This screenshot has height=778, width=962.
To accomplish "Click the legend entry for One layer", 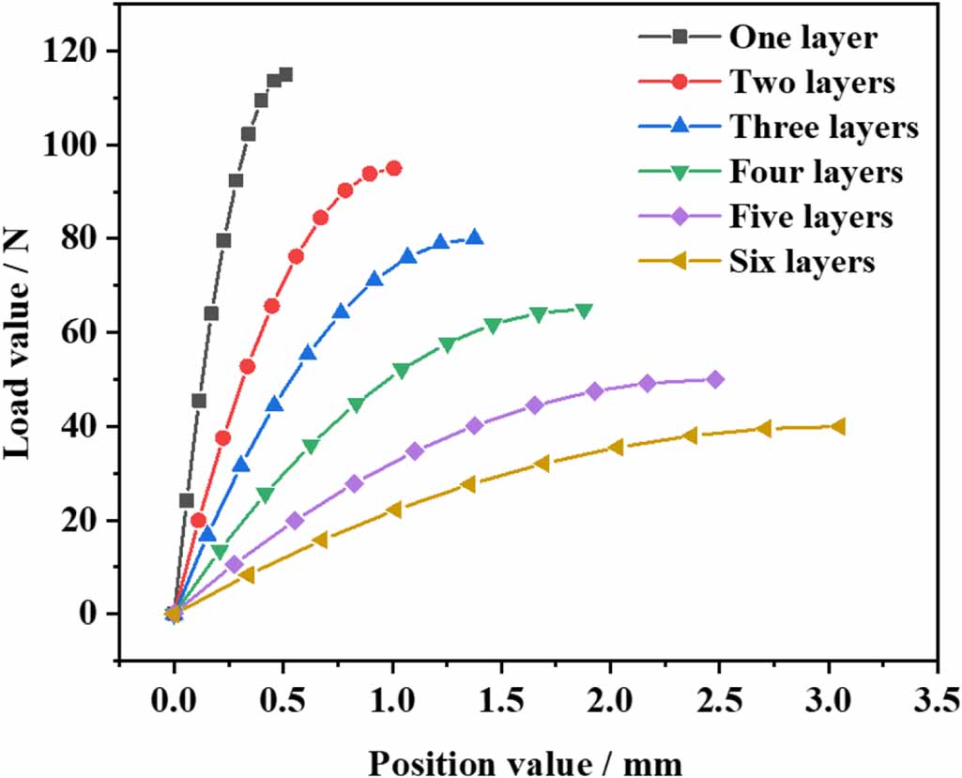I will coord(803,38).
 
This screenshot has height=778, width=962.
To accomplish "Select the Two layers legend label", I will coord(813,83).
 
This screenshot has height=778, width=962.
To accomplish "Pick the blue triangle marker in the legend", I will coord(682,127).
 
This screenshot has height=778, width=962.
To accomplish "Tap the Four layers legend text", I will coord(816,172).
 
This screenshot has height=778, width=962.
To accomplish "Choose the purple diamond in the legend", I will coord(682,217).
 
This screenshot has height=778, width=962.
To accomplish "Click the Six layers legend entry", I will coord(802,262).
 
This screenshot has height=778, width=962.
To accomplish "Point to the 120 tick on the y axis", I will coord(73,51).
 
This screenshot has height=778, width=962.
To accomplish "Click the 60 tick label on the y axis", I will coord(83,332).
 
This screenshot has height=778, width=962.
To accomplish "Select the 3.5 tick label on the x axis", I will coord(937,699).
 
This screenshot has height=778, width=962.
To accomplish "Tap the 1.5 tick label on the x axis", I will coord(500,699).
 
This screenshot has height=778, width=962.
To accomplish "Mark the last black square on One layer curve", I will coord(285,74).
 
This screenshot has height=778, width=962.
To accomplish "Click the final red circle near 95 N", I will coord(393,168).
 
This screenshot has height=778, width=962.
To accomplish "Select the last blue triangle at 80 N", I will coord(475,237).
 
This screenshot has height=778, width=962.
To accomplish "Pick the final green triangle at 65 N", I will coord(584,311).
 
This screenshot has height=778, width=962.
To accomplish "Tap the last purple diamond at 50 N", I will coord(715,379).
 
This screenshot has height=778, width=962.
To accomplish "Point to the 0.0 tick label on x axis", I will coord(173,699).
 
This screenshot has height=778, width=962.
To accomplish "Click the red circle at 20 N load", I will coord(198,520).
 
